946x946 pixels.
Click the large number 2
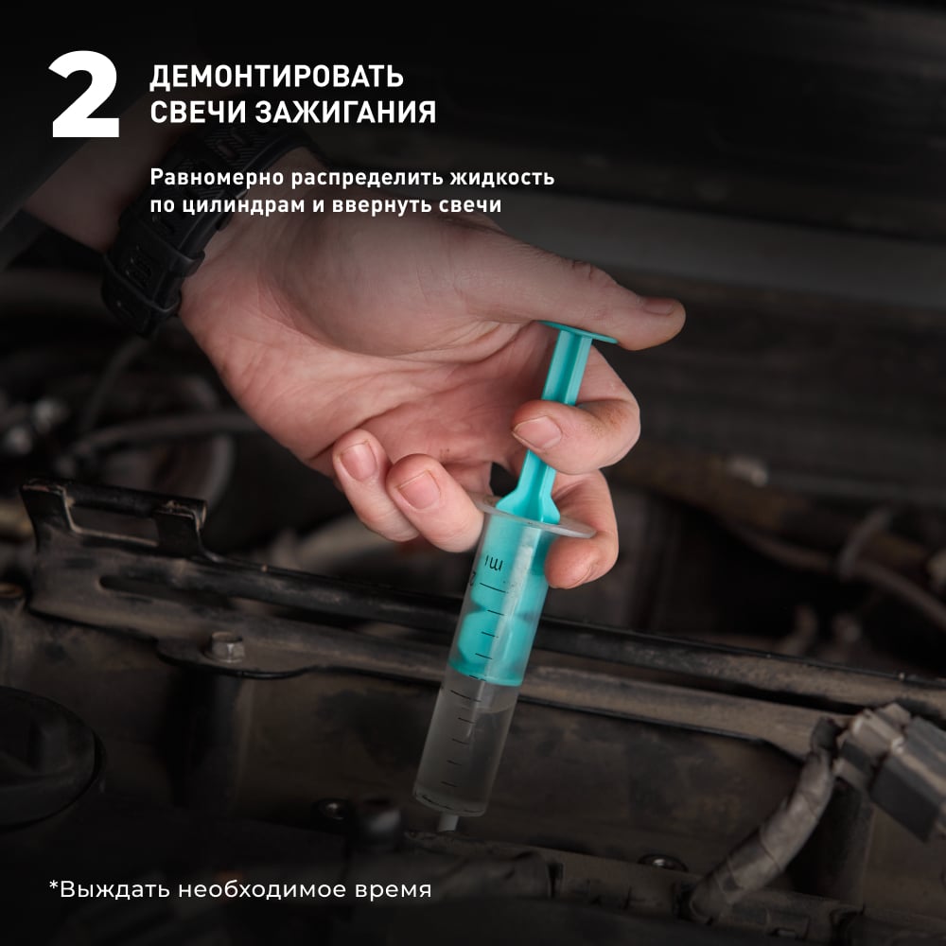pyautogui.click(x=84, y=95)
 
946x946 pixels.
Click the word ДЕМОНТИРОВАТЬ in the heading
pyautogui.click(x=276, y=77)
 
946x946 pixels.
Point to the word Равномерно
pyautogui.click(x=217, y=178)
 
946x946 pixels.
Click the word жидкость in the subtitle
pyautogui.click(x=502, y=178)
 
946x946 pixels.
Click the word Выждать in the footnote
pyautogui.click(x=114, y=889)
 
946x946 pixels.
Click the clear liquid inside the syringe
pyautogui.click(x=467, y=745)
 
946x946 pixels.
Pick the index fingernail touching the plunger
pyautogui.click(x=537, y=432)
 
